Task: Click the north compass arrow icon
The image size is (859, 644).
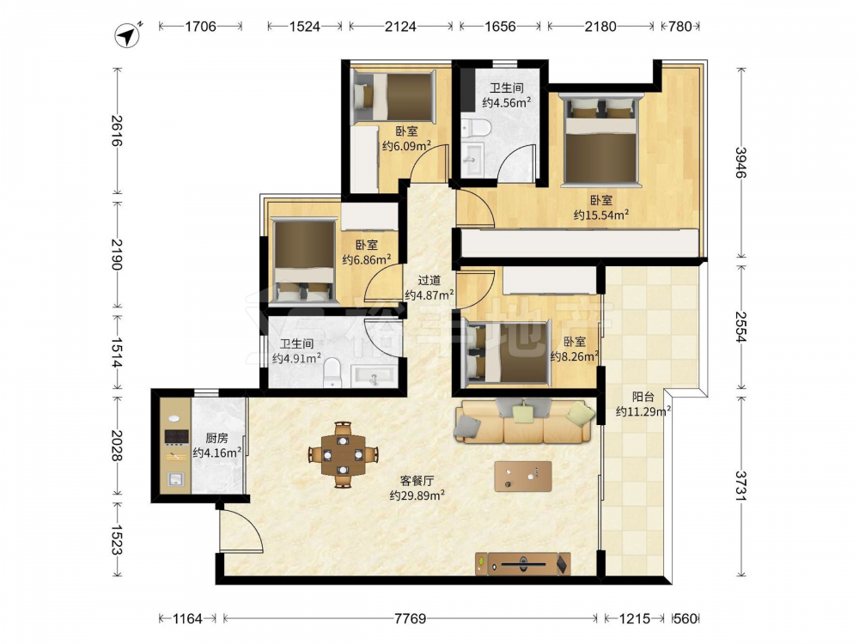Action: (128, 35)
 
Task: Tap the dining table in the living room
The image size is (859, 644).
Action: (343, 454)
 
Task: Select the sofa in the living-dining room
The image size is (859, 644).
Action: (524, 420)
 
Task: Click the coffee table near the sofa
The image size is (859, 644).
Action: (522, 477)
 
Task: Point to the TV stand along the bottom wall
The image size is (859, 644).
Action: (522, 563)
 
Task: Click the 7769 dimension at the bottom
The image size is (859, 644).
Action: (411, 619)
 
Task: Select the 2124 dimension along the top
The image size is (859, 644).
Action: (400, 27)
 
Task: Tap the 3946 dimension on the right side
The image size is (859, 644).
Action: (740, 162)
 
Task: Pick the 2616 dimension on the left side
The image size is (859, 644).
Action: (116, 131)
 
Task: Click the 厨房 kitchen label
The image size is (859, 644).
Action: (217, 438)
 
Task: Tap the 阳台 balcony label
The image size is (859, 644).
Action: (643, 397)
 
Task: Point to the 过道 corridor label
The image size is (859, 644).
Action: (429, 281)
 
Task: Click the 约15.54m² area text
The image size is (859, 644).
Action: (601, 216)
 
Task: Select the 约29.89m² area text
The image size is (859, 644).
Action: (417, 495)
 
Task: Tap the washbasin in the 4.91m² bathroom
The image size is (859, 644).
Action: (374, 377)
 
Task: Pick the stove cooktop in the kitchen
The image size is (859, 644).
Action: (176, 436)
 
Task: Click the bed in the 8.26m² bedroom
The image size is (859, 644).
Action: (507, 352)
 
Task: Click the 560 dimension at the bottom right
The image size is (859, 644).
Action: (685, 619)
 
